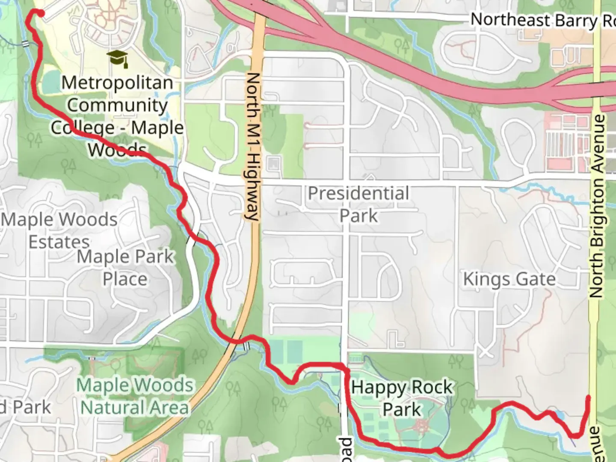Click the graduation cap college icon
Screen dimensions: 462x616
pos(118,58)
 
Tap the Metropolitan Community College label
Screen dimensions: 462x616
pos(117,116)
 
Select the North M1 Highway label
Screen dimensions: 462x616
pos(253,146)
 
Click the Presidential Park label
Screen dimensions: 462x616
pos(358,204)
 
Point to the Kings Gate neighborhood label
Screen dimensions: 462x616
pos(509,279)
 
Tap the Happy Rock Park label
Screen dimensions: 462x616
pos(402,398)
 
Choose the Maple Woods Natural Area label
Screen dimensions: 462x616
pos(135,396)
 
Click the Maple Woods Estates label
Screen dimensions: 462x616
pos(59,231)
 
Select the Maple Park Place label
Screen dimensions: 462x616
pos(125,268)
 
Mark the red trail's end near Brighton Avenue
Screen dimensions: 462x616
pos(588,398)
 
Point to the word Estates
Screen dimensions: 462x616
pos(59,242)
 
